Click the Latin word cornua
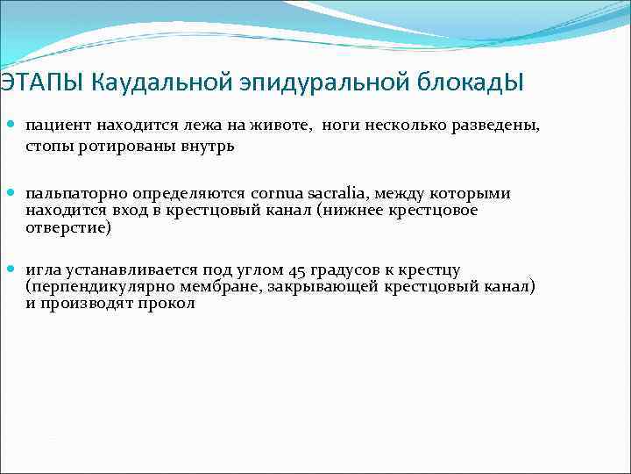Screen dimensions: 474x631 click(275, 193)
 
